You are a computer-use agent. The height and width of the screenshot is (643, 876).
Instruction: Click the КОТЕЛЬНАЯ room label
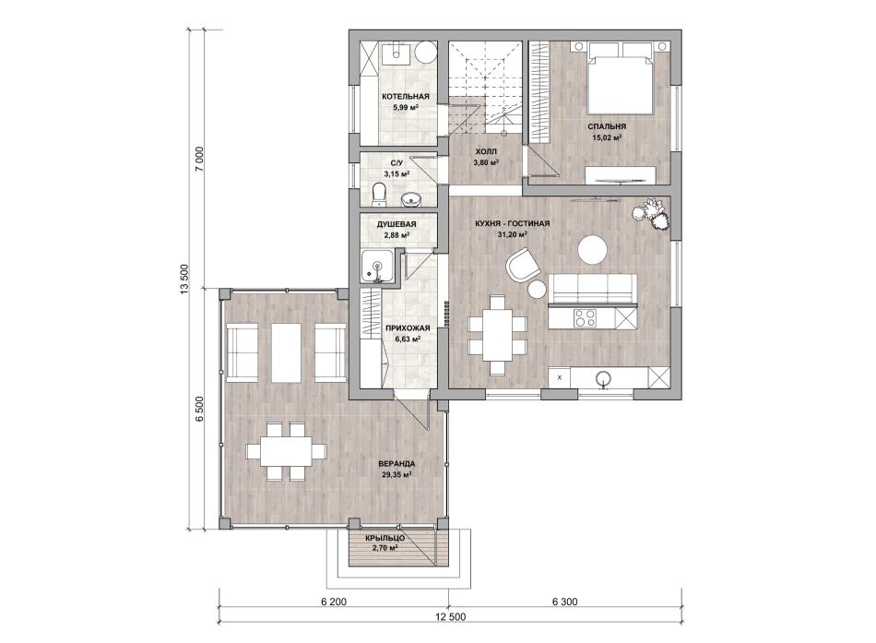point(406,97)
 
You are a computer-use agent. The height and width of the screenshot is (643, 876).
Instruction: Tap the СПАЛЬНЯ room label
point(607,126)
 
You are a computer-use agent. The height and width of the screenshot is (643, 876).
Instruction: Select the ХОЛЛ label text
point(485,151)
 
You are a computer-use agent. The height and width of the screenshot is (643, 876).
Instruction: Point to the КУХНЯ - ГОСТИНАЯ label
point(513,223)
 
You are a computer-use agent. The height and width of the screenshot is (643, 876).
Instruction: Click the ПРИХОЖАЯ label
point(408,328)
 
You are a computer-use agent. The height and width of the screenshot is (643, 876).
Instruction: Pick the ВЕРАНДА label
point(397,463)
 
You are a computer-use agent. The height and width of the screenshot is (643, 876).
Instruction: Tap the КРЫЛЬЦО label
point(385,538)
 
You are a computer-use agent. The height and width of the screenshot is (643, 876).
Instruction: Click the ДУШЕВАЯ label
point(397,224)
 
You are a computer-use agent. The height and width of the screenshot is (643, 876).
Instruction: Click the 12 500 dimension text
point(450,617)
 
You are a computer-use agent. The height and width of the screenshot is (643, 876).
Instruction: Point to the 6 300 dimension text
point(565,601)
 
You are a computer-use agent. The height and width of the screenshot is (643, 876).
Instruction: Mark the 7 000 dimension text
point(201,161)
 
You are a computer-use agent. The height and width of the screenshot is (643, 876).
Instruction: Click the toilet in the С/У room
point(379,192)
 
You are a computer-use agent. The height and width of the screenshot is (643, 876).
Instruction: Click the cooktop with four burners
point(585,318)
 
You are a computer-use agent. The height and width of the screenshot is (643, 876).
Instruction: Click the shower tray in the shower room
point(377,267)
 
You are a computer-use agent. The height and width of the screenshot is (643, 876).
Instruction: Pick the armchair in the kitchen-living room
point(523,266)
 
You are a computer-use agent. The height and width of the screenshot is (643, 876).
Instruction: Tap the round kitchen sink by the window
point(603,377)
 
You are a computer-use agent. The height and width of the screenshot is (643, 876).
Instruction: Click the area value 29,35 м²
point(397,475)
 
